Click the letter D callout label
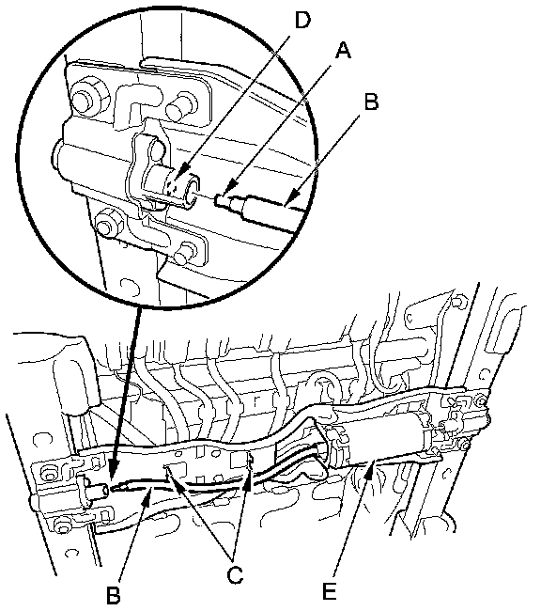point(302,20)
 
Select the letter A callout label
point(344,51)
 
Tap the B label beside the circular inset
point(371,102)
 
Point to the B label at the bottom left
point(113,595)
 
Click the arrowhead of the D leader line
point(178,178)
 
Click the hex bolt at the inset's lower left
point(108,223)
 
